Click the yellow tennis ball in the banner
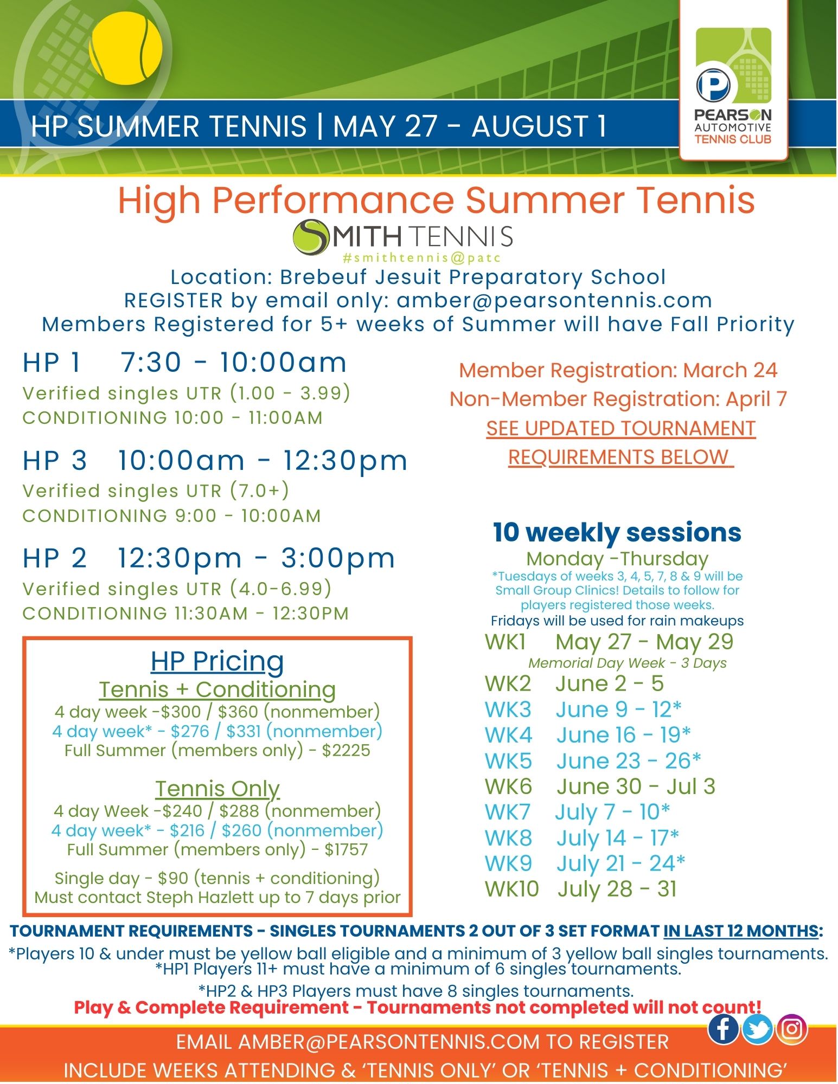point(126,48)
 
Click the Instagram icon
point(791,1028)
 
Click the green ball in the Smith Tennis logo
point(311,237)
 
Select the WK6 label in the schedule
point(508,786)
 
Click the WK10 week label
point(511,889)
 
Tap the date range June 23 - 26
point(628,760)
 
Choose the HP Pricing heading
point(218,661)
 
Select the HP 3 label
point(55,461)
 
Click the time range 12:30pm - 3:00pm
point(257,558)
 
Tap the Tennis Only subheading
point(218,789)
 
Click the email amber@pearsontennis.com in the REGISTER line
point(554,300)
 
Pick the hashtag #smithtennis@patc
point(421,258)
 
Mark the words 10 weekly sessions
point(617,532)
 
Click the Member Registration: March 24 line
point(618,370)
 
